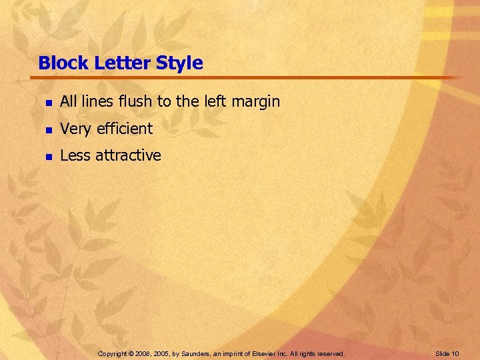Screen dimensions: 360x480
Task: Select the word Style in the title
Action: tap(179, 63)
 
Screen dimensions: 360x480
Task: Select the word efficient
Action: tap(124, 129)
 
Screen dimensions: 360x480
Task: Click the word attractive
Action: tap(128, 155)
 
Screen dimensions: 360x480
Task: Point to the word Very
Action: tap(75, 129)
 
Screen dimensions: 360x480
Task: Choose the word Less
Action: tap(75, 155)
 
